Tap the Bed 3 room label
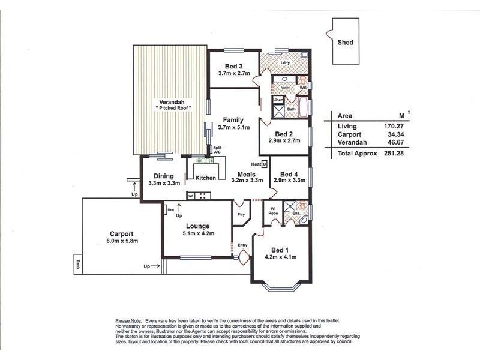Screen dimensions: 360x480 click(x=234, y=66)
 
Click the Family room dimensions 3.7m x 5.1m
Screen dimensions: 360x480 click(x=233, y=127)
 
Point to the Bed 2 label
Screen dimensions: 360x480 click(x=284, y=134)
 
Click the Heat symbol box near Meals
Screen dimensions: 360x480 click(x=264, y=163)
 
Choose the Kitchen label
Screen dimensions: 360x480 click(x=205, y=178)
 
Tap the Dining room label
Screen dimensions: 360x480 click(x=163, y=176)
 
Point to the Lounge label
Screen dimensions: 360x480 click(x=198, y=226)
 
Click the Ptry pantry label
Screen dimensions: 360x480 click(x=241, y=214)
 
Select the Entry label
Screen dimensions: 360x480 click(x=242, y=245)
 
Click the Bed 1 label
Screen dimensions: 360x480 click(x=280, y=250)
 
